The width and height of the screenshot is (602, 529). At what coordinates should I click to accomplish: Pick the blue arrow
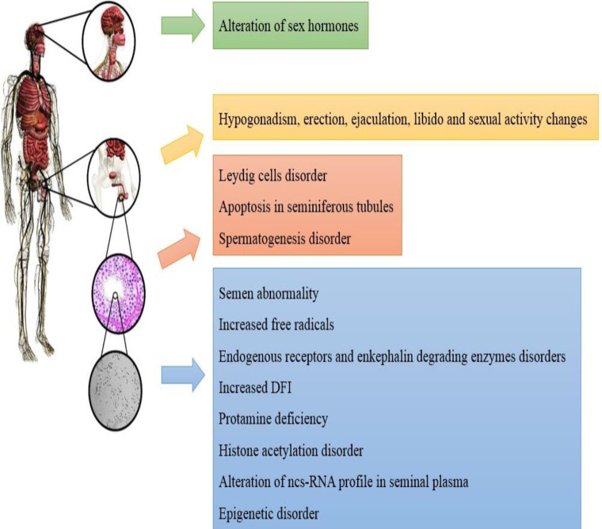[181, 379]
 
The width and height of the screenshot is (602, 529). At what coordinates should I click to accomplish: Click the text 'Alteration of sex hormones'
[288, 25]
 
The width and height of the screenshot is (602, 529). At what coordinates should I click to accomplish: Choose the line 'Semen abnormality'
[268, 294]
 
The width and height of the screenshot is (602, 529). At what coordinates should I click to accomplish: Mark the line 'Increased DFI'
[254, 388]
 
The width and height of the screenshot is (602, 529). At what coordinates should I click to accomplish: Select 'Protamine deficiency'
[272, 419]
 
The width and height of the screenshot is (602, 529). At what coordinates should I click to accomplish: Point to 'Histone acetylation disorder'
[290, 451]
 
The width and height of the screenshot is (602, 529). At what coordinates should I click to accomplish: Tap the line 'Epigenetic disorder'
[269, 514]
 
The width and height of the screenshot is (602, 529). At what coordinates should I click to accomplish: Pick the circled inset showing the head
[110, 38]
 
